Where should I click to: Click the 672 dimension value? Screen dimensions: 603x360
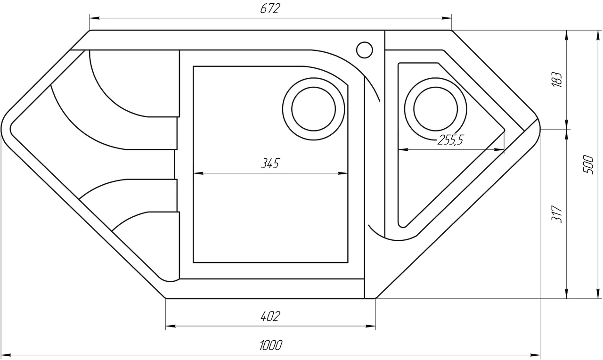270,8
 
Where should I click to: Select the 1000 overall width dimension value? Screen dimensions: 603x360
271,345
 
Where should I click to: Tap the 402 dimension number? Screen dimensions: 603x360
270,316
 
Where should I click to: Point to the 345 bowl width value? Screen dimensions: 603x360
270,163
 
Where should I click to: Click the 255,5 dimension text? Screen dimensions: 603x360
450,140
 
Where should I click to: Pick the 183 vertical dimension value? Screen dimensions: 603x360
557,80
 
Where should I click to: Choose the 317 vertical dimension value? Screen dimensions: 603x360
557,214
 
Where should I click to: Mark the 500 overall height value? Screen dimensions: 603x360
588,164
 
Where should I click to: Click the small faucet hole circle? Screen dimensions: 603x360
365,50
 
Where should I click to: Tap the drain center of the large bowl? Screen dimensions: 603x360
314,109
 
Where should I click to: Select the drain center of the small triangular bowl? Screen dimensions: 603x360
436,109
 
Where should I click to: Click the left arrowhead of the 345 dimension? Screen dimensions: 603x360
198,173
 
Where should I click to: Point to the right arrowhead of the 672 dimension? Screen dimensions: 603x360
447,18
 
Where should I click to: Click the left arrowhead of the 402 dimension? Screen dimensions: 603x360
171,327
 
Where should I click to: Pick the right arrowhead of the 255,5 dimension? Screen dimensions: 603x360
499,149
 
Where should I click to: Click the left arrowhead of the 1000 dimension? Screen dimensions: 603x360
6,355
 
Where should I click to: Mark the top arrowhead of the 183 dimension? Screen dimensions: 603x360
567,35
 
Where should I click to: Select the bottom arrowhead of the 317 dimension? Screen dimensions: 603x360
567,294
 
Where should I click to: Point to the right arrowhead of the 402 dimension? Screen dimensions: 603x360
371,327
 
